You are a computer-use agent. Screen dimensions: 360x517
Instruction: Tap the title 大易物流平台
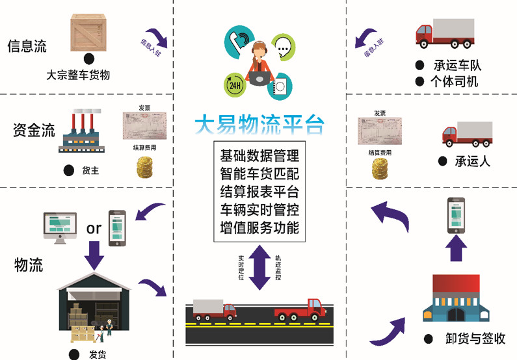click(259, 125)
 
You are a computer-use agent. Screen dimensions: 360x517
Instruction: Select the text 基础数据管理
click(259, 156)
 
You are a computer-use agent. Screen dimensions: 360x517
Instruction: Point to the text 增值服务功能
click(259, 228)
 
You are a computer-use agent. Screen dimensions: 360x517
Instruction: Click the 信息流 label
click(27, 46)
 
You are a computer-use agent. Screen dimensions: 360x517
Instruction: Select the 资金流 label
click(34, 129)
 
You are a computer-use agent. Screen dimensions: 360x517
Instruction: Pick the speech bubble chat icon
click(283, 47)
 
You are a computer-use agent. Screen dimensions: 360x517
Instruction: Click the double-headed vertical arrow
click(259, 267)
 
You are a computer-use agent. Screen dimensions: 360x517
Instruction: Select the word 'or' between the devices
click(94, 228)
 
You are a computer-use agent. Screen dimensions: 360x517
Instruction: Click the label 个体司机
click(455, 82)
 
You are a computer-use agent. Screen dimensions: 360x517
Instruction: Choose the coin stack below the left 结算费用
click(144, 168)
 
